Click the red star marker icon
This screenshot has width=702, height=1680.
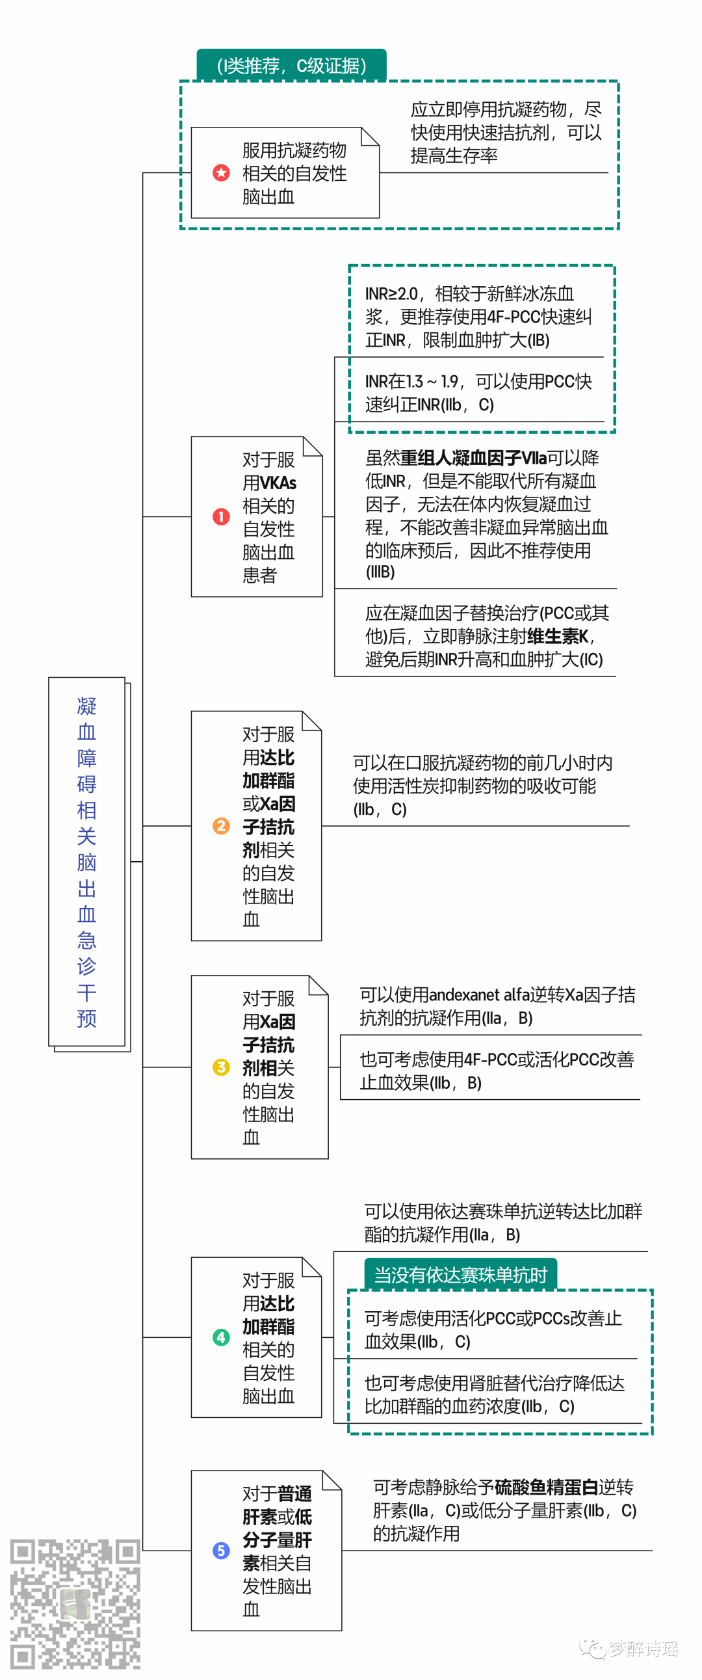221,173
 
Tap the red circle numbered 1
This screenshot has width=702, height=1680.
221,516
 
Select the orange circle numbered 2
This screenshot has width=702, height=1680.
221,826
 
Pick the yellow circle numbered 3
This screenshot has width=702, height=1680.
221,1067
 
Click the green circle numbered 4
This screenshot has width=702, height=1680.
221,1338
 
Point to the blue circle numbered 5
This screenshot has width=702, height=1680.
221,1550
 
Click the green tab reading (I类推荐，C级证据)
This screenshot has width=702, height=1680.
291,66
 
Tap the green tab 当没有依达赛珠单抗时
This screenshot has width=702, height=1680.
460,1274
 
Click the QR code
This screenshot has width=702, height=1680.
74,1605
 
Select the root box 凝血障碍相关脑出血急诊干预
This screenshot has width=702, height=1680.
86,862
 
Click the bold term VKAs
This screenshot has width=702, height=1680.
278,483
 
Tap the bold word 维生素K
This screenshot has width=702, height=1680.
558,637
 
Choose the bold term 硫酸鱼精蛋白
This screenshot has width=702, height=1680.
546,1487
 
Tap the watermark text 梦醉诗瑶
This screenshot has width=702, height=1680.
643,1649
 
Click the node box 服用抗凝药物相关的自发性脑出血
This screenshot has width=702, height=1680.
285,173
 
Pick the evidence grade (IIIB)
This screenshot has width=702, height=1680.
380,572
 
